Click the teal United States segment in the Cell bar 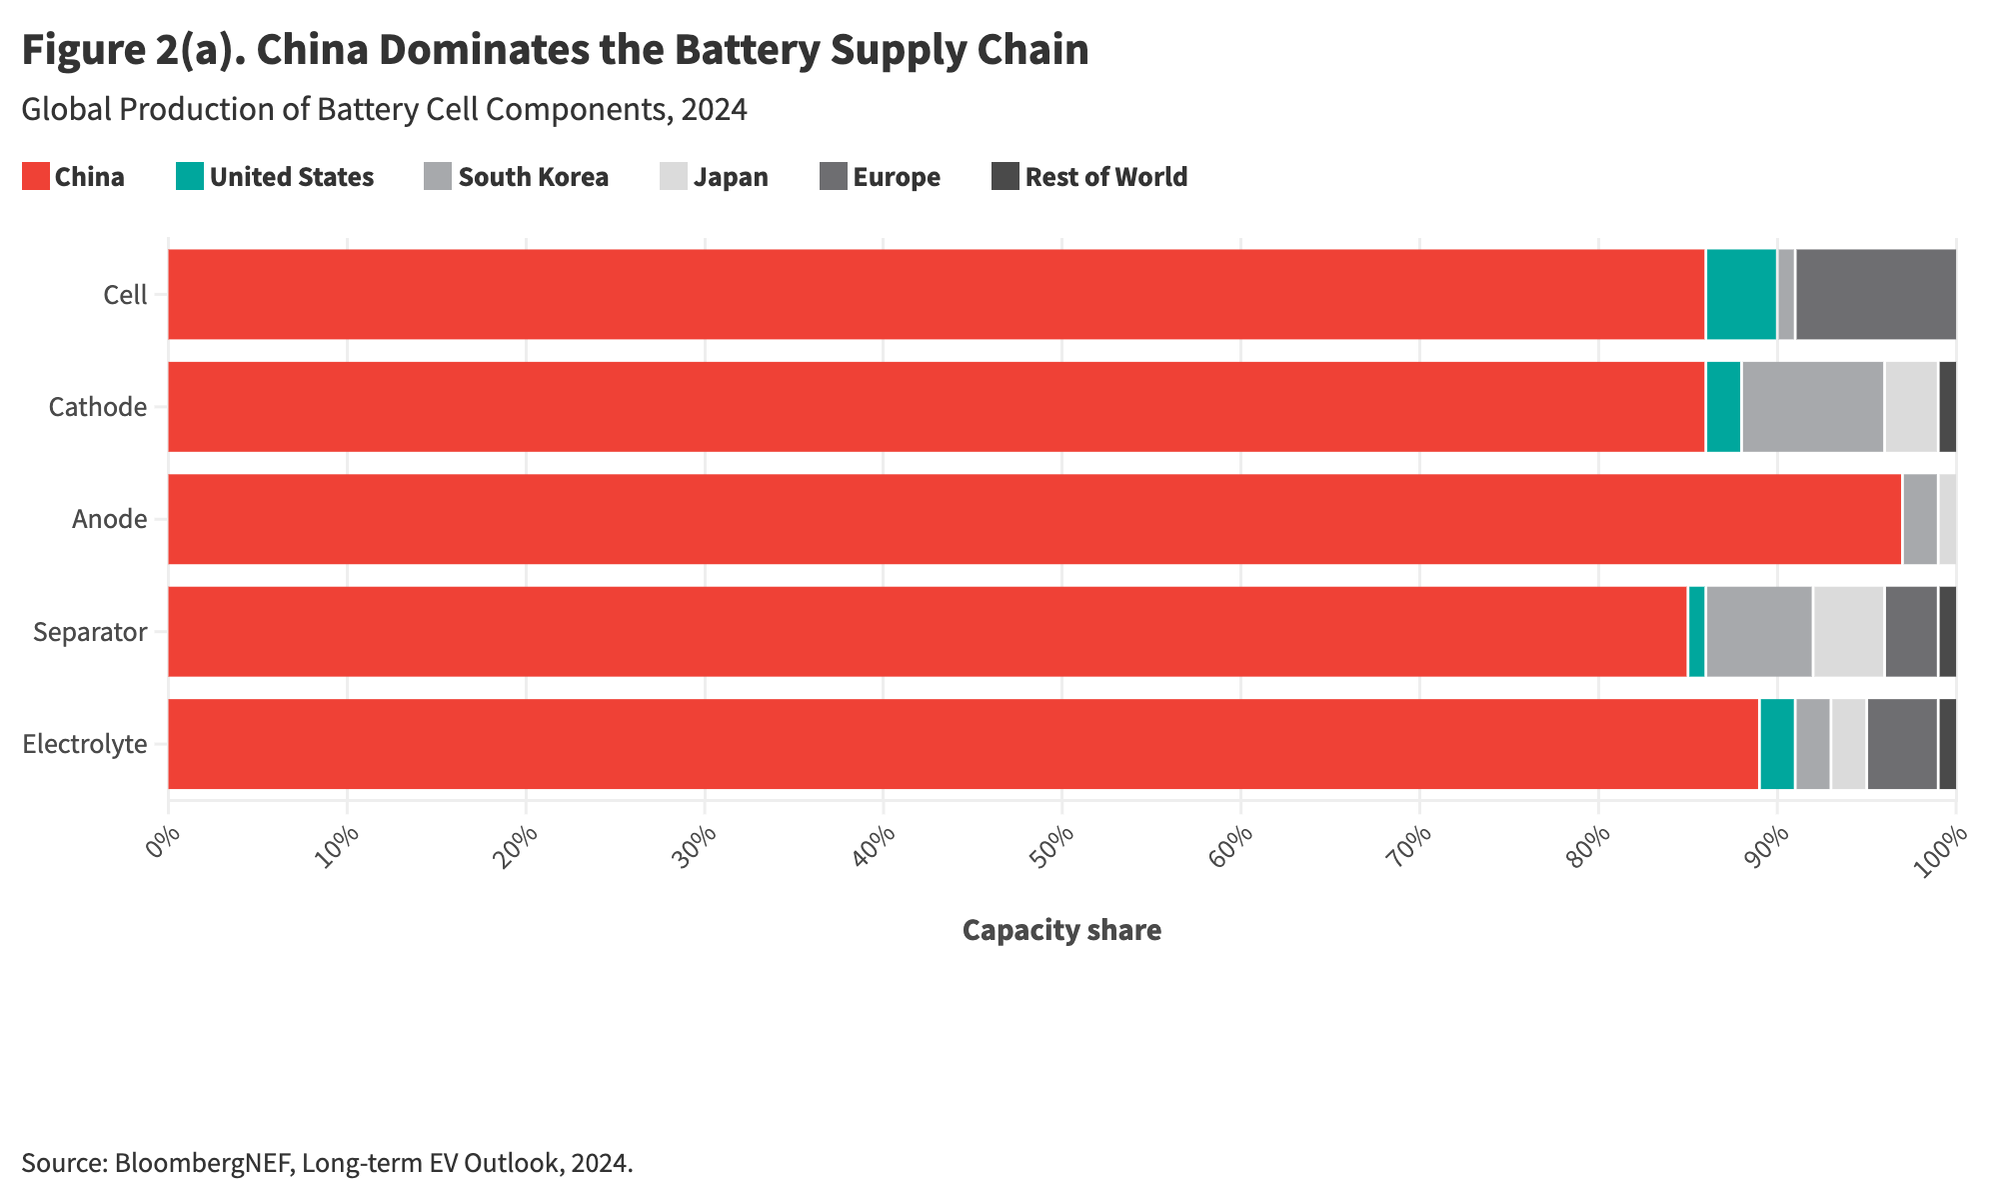(x=1740, y=294)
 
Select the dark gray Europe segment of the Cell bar (x=1875, y=294)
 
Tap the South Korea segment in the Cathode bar (x=1812, y=406)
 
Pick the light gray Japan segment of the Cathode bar (x=1911, y=406)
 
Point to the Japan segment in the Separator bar (x=1848, y=631)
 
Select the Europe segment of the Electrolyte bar (x=1902, y=744)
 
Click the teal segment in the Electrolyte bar (x=1776, y=744)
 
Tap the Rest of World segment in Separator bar (x=1947, y=631)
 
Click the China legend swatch (x=35, y=177)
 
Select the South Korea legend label (x=533, y=177)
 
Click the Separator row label (x=90, y=632)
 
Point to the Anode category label (x=109, y=519)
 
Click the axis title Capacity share (x=1061, y=930)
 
